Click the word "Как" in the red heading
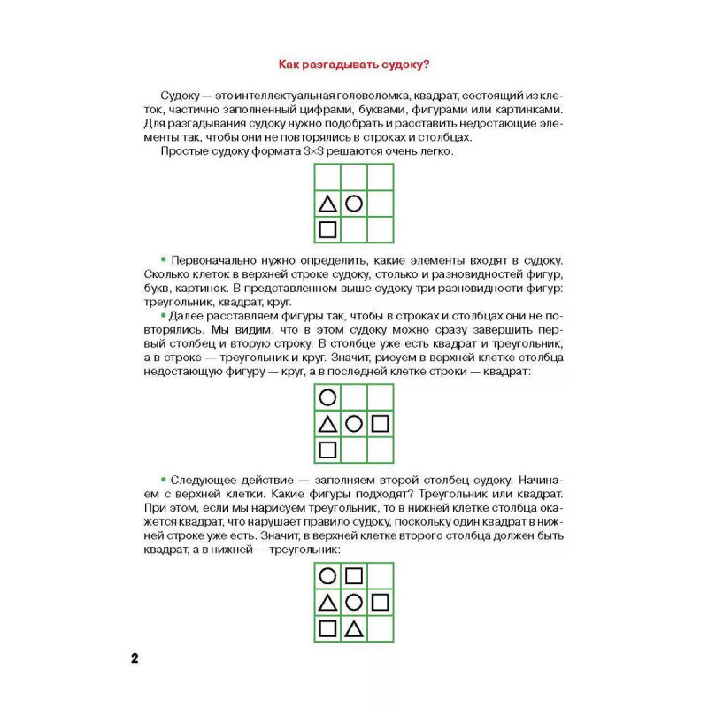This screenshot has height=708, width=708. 290,64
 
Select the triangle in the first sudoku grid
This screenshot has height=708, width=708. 327,204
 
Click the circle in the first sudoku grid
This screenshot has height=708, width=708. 354,204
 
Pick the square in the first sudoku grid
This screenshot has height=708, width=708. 327,230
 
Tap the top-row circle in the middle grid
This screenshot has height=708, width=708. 327,397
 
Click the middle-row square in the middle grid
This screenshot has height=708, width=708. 381,424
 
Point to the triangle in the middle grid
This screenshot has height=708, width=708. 327,424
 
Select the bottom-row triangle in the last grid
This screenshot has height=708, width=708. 354,629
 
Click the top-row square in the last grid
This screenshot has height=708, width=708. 354,576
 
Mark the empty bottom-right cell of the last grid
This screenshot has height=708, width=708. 381,629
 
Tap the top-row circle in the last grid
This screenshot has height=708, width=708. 327,576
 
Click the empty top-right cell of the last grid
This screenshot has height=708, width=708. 381,576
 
